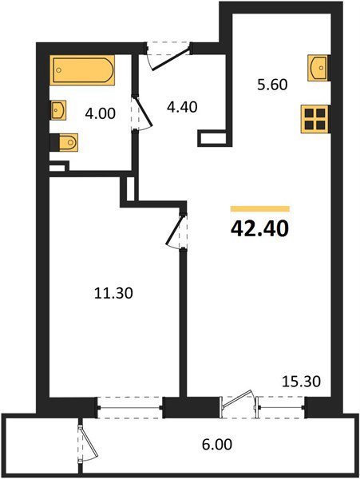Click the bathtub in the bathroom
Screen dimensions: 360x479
pyautogui.click(x=82, y=70)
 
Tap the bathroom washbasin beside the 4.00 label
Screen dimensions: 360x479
pyautogui.click(x=58, y=110)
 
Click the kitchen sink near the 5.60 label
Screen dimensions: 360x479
pyautogui.click(x=318, y=68)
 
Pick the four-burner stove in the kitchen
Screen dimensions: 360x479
pyautogui.click(x=315, y=119)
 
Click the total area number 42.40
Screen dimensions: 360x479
pyautogui.click(x=260, y=229)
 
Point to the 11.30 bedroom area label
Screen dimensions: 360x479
pyautogui.click(x=113, y=294)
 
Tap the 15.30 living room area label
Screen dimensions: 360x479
pyautogui.click(x=301, y=382)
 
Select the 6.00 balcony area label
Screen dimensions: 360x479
pyautogui.click(x=217, y=444)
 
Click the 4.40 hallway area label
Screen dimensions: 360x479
pyautogui.click(x=182, y=107)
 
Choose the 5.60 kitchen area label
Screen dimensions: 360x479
pyautogui.click(x=272, y=85)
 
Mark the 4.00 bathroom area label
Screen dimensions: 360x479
pyautogui.click(x=101, y=114)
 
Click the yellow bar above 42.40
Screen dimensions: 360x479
pyautogui.click(x=260, y=209)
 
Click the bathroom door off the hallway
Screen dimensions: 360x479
pyautogui.click(x=141, y=114)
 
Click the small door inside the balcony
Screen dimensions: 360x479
pyautogui.click(x=89, y=444)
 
